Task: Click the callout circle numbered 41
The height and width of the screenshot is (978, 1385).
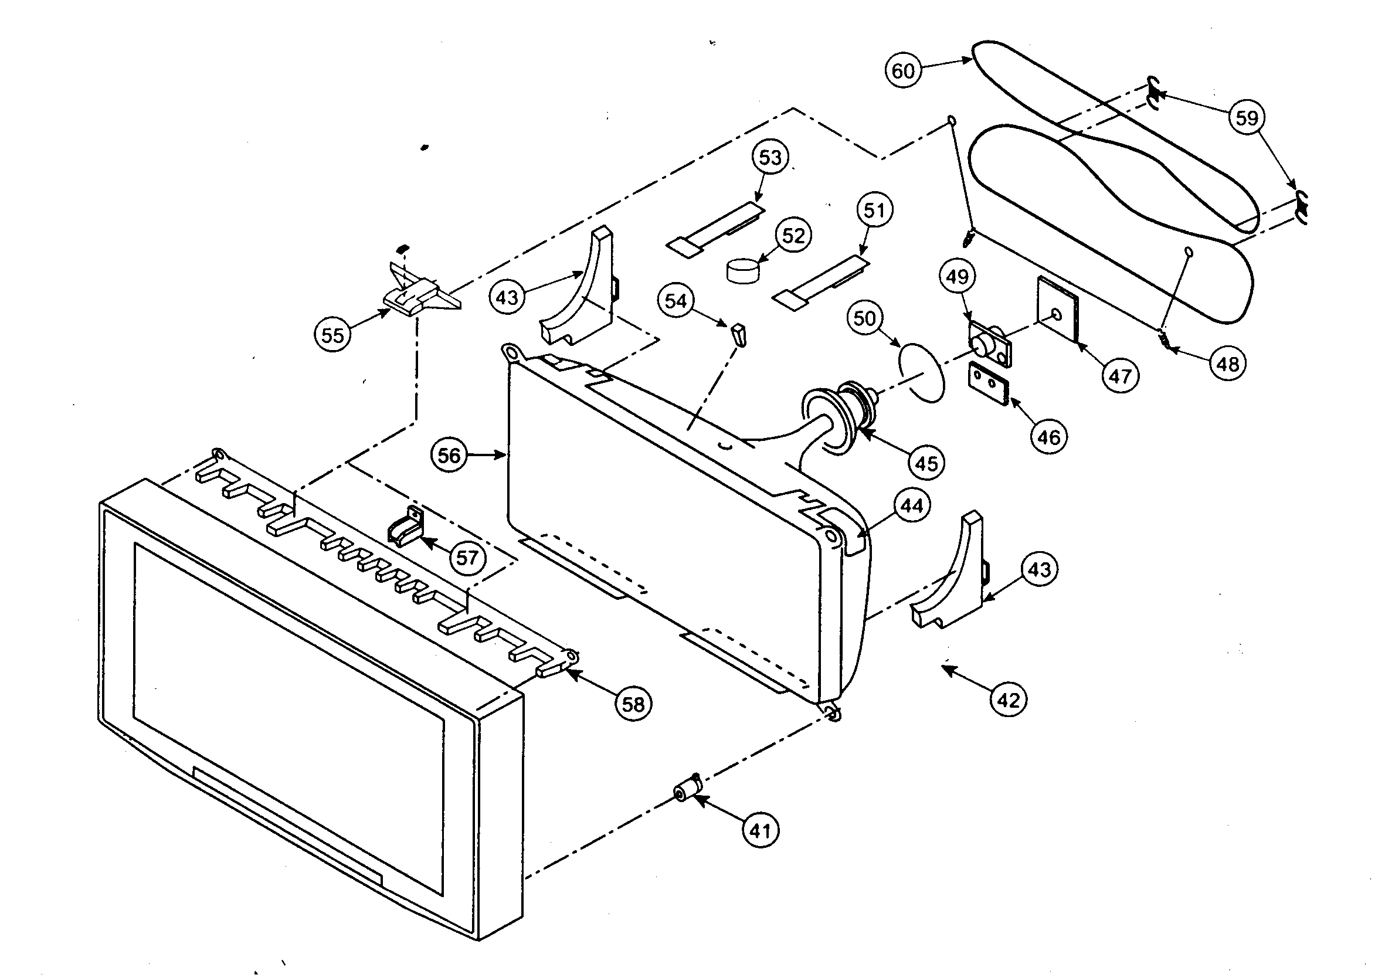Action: pyautogui.click(x=759, y=831)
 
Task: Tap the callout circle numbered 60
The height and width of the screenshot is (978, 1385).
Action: pyautogui.click(x=902, y=71)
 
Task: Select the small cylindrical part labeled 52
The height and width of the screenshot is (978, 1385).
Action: pyautogui.click(x=742, y=270)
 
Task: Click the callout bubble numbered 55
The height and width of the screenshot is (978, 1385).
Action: pyautogui.click(x=332, y=335)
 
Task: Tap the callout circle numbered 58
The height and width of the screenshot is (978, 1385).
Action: pyautogui.click(x=633, y=704)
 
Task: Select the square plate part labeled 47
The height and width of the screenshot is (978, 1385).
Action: pyautogui.click(x=1057, y=310)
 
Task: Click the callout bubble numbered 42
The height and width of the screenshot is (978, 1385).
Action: pyautogui.click(x=1008, y=700)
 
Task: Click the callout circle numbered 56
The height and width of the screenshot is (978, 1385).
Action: pyautogui.click(x=449, y=455)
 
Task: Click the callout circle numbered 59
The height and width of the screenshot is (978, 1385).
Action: pyautogui.click(x=1246, y=117)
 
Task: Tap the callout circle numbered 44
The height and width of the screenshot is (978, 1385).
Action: pyautogui.click(x=911, y=505)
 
